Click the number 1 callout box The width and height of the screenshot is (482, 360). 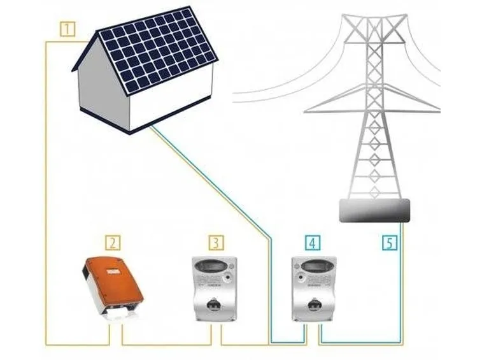click(x=67, y=29)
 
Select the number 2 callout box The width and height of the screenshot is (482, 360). click(x=113, y=243)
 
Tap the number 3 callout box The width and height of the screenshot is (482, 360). click(x=216, y=243)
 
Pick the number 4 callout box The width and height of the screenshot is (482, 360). click(x=313, y=243)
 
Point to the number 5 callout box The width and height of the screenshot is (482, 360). click(x=390, y=243)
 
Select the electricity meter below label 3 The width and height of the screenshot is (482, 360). click(x=215, y=289)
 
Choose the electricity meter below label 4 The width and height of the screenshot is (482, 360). click(x=314, y=289)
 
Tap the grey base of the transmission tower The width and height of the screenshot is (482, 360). click(x=374, y=210)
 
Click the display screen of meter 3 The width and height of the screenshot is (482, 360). click(x=215, y=265)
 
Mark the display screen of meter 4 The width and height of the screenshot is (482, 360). click(x=314, y=265)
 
